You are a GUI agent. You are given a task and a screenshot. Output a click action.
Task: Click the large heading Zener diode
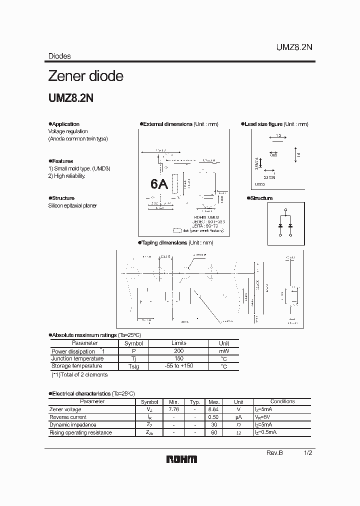coord(85,76)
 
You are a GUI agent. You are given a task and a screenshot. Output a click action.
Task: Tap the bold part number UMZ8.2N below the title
coord(70,98)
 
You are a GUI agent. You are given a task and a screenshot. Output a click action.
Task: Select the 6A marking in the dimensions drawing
coord(159,184)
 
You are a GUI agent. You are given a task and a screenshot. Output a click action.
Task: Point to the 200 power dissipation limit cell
coord(178,351)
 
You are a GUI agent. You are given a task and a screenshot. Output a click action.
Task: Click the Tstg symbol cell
coord(133,366)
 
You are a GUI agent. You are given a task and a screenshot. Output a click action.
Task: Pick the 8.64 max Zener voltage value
coord(214,409)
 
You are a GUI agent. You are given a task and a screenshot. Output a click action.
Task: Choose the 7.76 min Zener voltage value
coord(173,409)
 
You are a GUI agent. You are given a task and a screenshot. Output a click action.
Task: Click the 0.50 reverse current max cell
coord(214,417)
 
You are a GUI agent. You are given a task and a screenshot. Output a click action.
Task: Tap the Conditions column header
coord(282,401)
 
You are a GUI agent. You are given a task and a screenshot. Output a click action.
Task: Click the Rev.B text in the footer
coord(275,452)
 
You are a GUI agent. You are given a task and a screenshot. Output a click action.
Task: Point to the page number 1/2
coord(308,452)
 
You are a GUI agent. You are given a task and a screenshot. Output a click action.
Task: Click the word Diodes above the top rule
coord(59,56)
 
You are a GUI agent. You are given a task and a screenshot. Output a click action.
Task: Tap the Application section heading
coord(65,124)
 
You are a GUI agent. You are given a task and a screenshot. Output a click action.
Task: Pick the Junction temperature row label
coord(77,358)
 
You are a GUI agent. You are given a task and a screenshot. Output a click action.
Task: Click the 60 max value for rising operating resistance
coord(214,432)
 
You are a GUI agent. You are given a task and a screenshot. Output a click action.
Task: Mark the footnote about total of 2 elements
coord(79,374)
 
